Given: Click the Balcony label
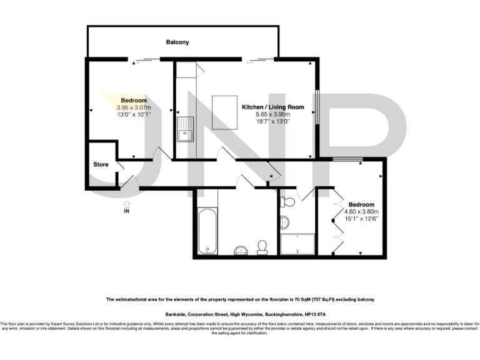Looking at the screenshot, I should click(177, 42).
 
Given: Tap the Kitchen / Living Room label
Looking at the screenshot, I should click(273, 107).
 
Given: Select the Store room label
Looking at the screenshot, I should click(101, 165).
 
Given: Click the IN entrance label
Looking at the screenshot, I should click(126, 212).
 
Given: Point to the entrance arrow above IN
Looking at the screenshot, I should click(126, 203).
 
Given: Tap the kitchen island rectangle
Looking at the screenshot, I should click(224, 112).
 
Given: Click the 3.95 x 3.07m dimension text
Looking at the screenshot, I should click(134, 107).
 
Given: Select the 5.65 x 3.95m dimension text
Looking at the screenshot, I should click(273, 115).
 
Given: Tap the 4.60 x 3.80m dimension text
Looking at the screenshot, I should click(361, 212).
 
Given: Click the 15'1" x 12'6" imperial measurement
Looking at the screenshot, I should click(361, 219).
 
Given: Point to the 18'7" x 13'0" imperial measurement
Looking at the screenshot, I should click(273, 122).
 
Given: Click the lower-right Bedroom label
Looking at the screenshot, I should click(361, 205).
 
